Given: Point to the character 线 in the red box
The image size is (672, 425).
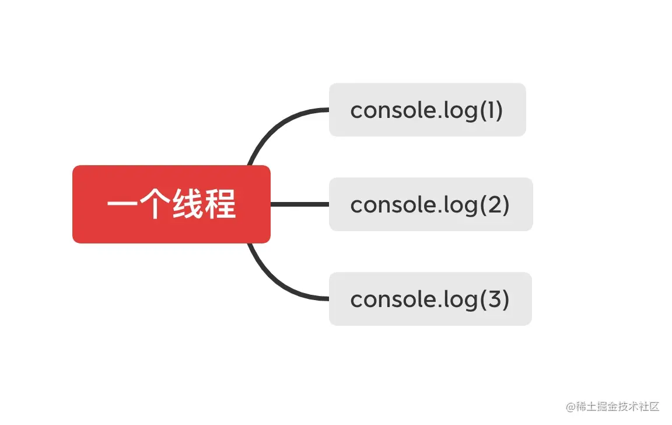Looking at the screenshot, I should pyautogui.click(x=187, y=205).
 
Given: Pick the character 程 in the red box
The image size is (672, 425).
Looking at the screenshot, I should pyautogui.click(x=220, y=205).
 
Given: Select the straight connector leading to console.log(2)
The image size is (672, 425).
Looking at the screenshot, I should pyautogui.click(x=300, y=204).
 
